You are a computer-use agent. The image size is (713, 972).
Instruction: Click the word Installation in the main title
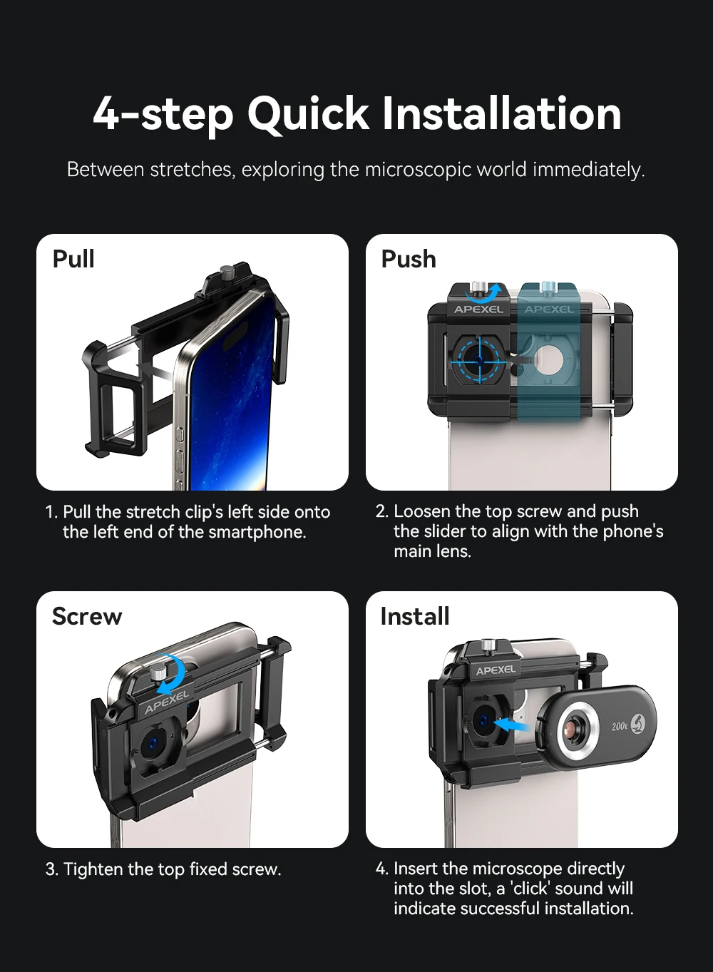[x=501, y=114]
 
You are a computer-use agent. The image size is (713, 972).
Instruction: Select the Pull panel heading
[x=73, y=259]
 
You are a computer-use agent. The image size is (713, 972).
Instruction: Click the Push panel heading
[x=409, y=259]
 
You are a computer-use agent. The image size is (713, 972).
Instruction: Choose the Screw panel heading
[x=87, y=616]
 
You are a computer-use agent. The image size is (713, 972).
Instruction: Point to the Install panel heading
[x=415, y=616]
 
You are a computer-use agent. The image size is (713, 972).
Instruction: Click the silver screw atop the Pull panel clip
[x=228, y=272]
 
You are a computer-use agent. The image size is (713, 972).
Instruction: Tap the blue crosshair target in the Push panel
[x=479, y=354]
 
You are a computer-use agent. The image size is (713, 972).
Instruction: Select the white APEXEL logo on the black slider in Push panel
[x=478, y=309]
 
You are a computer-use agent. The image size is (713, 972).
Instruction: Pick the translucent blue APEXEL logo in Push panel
[x=548, y=309]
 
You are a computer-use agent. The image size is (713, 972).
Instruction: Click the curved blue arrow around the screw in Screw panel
[x=172, y=674]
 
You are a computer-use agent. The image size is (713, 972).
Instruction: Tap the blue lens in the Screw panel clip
[x=151, y=745]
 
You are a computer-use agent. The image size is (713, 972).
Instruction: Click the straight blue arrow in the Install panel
[x=511, y=725]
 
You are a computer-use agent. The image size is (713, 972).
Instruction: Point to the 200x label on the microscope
[x=620, y=726]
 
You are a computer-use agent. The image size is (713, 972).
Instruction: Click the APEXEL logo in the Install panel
[x=496, y=670]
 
